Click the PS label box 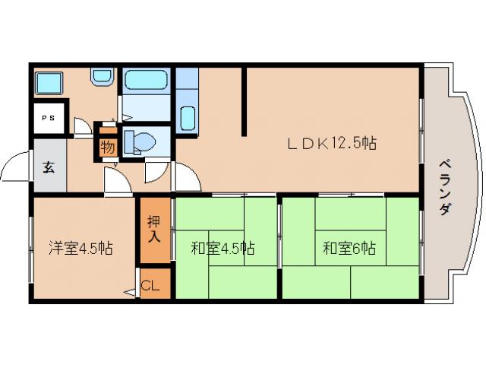(48, 118)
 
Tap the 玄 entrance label (48, 167)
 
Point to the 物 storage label (108, 147)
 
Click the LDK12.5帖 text (331, 143)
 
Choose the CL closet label (150, 286)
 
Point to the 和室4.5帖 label (222, 248)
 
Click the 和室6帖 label (349, 248)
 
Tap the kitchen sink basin (188, 119)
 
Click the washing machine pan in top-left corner (50, 82)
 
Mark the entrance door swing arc (16, 163)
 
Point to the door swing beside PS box (82, 126)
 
